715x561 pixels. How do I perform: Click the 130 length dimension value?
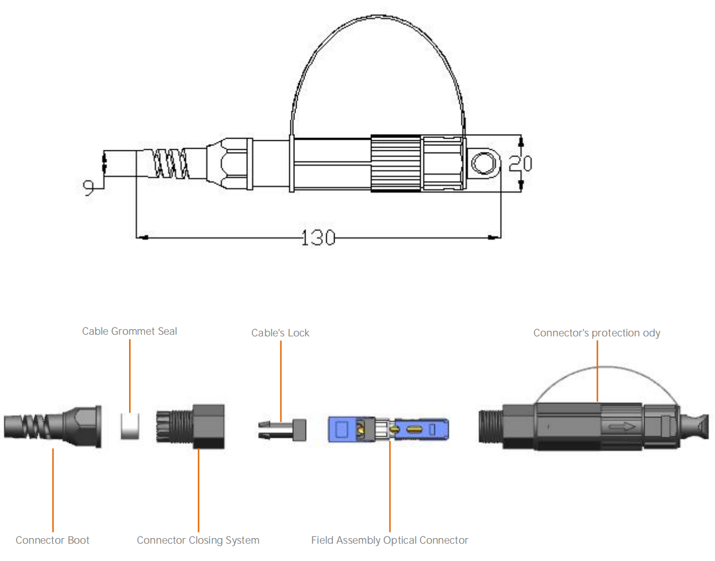pos(318,238)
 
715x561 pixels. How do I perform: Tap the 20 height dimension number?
pos(520,163)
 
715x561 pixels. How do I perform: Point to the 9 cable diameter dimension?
pos(88,187)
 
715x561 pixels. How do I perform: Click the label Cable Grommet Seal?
pos(130,331)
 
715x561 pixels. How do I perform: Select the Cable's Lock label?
pos(280,333)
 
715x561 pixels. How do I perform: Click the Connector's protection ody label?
pos(597,333)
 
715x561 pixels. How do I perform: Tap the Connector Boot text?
pos(53,540)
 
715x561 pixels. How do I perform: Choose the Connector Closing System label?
pos(198,540)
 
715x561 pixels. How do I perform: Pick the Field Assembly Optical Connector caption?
pos(390,540)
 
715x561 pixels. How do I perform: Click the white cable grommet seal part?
pos(130,426)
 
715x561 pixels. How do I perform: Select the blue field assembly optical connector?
pos(388,429)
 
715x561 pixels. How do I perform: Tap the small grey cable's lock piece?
pos(283,430)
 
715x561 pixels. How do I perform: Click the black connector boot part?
pos(53,427)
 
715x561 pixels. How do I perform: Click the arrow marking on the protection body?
pos(622,427)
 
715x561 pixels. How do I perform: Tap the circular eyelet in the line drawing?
pos(484,164)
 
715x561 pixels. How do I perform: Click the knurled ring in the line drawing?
pos(396,163)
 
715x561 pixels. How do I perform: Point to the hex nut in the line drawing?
pos(230,164)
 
